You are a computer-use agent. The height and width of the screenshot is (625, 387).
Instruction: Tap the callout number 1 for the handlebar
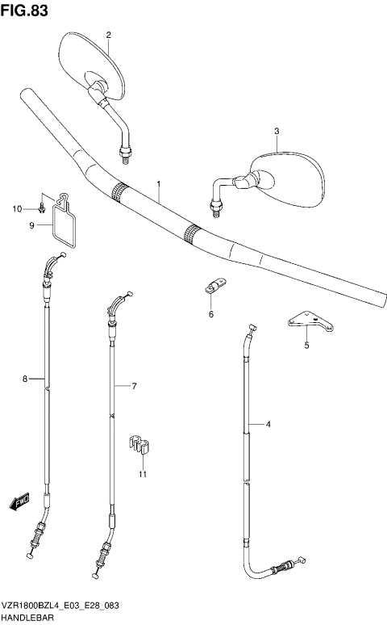159,184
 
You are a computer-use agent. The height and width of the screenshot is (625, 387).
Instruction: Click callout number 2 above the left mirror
108,35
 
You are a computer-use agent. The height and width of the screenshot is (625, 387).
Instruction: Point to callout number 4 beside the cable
268,423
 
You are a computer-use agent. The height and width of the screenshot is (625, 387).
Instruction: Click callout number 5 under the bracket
306,346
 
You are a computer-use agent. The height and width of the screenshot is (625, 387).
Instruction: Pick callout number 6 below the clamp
211,314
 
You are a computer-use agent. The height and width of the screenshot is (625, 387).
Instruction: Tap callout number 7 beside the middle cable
134,386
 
